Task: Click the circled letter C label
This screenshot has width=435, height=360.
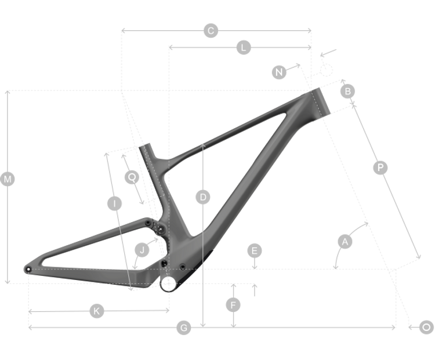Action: coord(211,30)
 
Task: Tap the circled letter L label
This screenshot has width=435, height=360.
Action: coord(244,48)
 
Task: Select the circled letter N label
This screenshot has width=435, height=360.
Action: coord(280,72)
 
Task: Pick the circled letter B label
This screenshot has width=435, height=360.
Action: coord(347,91)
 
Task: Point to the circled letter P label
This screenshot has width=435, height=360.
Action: coord(380,168)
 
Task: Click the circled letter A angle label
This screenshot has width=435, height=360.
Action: coord(345,241)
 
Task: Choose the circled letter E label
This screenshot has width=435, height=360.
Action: coord(254,251)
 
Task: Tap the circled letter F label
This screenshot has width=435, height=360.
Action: coord(233,305)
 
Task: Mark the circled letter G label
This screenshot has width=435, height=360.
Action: coord(183,328)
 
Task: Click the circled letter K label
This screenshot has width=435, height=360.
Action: coord(97,311)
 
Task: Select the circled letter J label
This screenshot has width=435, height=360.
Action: coord(142,250)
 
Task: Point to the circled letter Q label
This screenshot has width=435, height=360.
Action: coord(132,176)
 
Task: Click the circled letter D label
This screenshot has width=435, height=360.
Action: coord(202,197)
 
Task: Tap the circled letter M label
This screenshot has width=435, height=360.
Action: coord(8,180)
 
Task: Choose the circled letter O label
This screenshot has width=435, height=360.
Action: coord(426,328)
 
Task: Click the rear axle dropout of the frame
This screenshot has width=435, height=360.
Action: coord(27,269)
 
